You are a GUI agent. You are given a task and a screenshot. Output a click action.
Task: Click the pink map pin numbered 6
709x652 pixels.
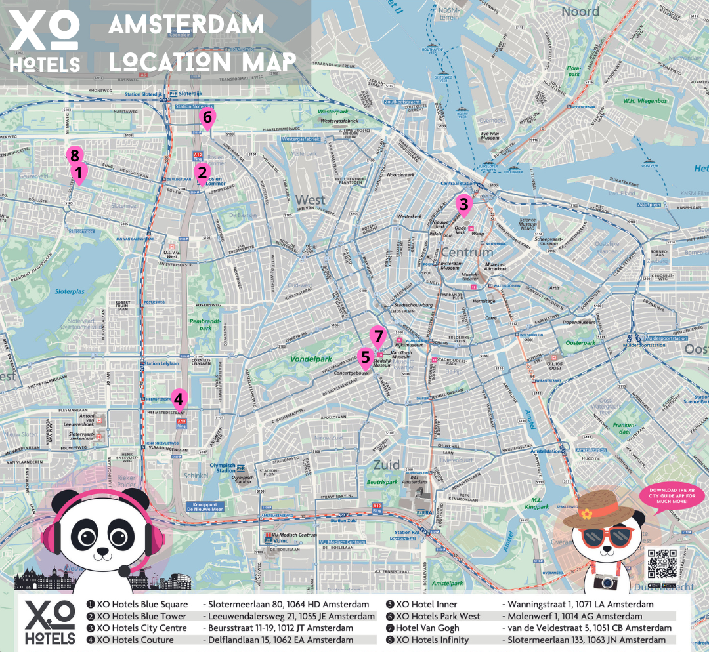[207, 119]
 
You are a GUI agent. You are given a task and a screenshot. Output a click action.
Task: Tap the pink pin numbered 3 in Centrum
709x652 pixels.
[463, 205]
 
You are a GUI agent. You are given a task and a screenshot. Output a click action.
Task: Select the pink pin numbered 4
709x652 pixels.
[178, 398]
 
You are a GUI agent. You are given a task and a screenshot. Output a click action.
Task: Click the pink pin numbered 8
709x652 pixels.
[75, 156]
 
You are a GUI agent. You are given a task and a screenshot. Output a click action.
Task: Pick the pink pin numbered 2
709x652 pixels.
[202, 174]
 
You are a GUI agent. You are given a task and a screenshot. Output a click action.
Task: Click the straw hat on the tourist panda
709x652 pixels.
[604, 509]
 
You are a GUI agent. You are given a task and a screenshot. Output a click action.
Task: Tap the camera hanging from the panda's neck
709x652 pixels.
[605, 581]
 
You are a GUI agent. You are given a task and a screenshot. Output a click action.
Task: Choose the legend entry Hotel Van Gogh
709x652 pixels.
[427, 628]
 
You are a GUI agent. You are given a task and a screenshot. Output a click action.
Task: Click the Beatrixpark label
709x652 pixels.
[383, 482]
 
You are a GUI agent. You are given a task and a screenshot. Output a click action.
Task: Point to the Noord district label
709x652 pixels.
[580, 12]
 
